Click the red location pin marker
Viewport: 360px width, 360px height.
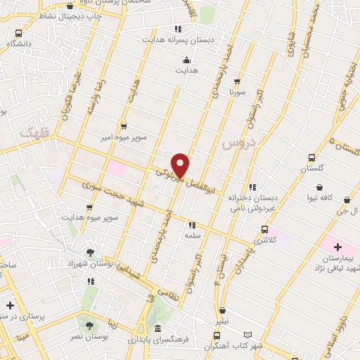click(x=181, y=165)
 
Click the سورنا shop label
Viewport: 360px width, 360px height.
click(x=237, y=91)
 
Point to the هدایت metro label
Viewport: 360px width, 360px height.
click(x=186, y=70)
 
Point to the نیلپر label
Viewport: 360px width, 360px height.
click(x=222, y=321)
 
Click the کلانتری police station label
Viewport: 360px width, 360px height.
click(x=264, y=240)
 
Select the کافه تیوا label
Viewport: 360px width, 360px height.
click(x=320, y=198)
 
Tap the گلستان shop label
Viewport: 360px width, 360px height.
click(x=311, y=169)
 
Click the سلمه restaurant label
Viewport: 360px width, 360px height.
click(x=191, y=236)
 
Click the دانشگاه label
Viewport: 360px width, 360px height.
click(x=19, y=43)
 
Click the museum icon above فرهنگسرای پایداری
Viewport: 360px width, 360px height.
click(x=156, y=329)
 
